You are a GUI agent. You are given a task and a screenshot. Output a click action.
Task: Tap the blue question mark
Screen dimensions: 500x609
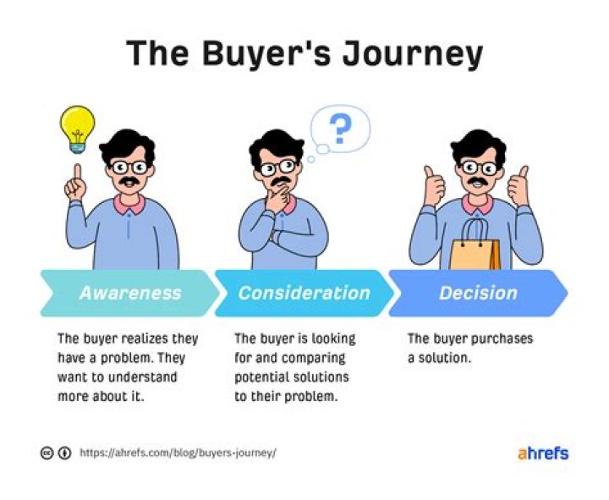coord(339,131)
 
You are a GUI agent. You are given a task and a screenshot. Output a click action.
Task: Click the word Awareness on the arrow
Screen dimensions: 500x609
coord(129,293)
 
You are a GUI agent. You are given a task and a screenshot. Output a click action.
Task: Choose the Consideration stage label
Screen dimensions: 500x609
coord(304,293)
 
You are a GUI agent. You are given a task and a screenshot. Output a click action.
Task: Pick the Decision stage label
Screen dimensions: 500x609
coord(478,293)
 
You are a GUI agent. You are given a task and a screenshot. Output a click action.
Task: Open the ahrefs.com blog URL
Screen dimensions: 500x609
coord(178,453)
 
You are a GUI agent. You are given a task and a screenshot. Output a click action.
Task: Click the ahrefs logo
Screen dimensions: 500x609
coord(542,453)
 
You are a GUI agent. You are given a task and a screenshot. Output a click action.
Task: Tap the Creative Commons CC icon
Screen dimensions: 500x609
coord(47,453)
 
